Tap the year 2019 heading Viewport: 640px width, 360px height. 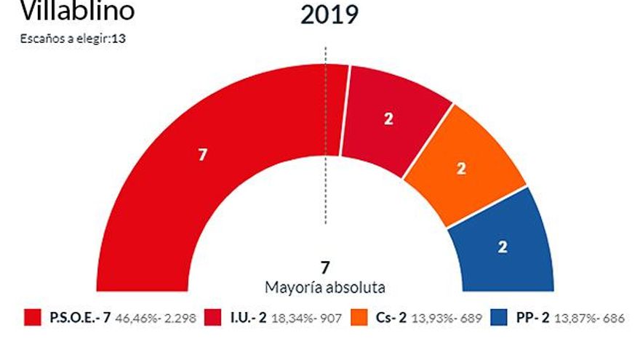pos(329,15)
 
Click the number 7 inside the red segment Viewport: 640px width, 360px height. pos(202,154)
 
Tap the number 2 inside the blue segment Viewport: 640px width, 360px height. pos(502,247)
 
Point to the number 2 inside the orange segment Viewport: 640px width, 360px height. pos(460,168)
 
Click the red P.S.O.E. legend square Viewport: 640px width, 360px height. pos(33,317)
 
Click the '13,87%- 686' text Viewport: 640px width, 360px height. pos(590,318)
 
